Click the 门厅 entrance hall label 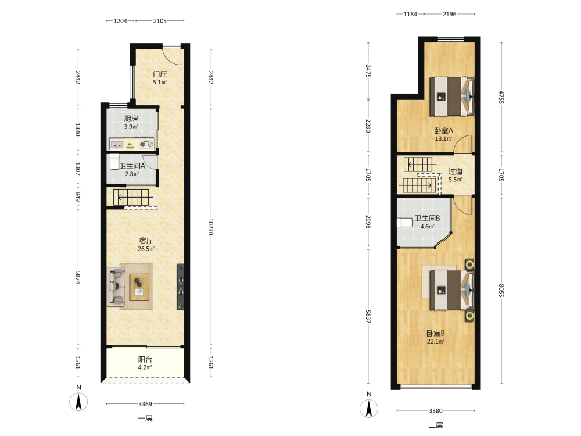tap(160, 74)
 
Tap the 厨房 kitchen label tap(131, 119)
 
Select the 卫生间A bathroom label tap(132, 166)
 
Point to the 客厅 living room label tap(146, 241)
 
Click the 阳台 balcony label tap(145, 359)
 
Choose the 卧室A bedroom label tap(443, 130)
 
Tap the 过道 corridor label tap(456, 171)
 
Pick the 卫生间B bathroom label tap(427, 219)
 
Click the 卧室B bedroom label tap(435, 333)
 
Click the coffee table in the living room tap(139, 287)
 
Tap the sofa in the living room tap(116, 287)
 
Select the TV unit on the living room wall tap(181, 287)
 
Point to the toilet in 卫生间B tap(404, 223)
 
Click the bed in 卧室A tap(452, 97)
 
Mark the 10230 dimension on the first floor tap(211, 227)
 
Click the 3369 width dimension tap(145, 404)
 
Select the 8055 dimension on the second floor tap(501, 290)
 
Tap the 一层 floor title tap(145, 419)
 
